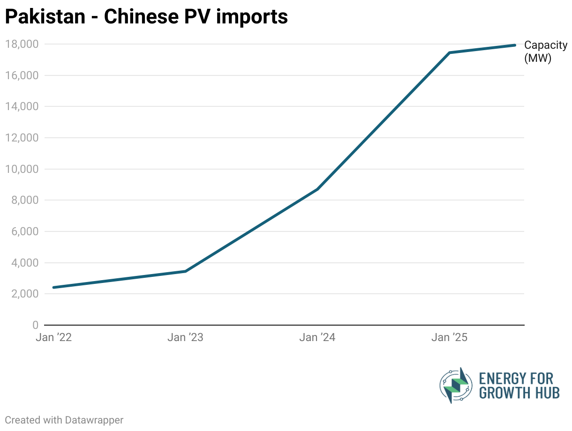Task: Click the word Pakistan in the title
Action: pyautogui.click(x=45, y=17)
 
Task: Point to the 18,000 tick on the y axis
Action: pyautogui.click(x=22, y=44)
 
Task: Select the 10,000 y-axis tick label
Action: pyautogui.click(x=22, y=169)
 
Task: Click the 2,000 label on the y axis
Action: pyautogui.click(x=24, y=294)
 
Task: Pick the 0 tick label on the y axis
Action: pyautogui.click(x=35, y=325)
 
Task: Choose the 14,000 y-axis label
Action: pyautogui.click(x=22, y=107)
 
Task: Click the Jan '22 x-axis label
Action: pyautogui.click(x=53, y=337)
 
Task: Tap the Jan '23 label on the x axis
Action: pyautogui.click(x=186, y=337)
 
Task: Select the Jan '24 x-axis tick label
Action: pyautogui.click(x=318, y=337)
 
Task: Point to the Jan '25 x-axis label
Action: pyautogui.click(x=450, y=337)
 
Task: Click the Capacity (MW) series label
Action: pyautogui.click(x=545, y=52)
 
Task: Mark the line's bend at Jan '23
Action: pyautogui.click(x=186, y=271)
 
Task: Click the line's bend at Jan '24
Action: pyautogui.click(x=318, y=189)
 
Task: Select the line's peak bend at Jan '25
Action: pyautogui.click(x=449, y=53)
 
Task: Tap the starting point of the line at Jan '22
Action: pyautogui.click(x=54, y=287)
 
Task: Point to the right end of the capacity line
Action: pyautogui.click(x=515, y=45)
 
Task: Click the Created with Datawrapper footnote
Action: pyautogui.click(x=64, y=420)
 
